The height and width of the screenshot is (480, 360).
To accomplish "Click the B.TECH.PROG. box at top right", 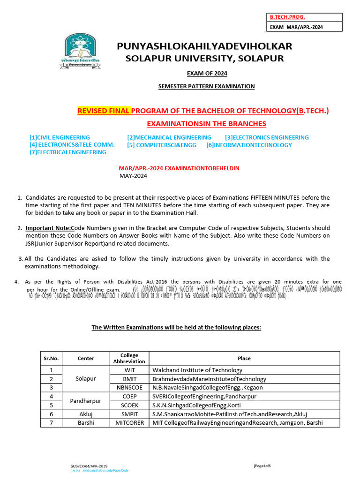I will (287, 17).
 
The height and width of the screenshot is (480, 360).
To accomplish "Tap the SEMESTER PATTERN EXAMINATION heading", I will (206, 86).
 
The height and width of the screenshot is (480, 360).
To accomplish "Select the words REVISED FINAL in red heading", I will (103, 111).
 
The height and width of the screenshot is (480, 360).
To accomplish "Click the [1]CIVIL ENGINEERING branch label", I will (60, 137).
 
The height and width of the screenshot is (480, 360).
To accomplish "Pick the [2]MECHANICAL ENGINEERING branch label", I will (169, 137).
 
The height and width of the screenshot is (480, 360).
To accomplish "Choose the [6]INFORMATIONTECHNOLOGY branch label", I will (249, 145).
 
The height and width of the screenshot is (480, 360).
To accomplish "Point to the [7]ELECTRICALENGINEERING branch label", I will (67, 152).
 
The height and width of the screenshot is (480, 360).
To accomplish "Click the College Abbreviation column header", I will (129, 358).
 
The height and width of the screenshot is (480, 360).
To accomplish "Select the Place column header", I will (244, 358).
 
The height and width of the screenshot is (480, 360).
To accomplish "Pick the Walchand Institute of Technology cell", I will (197, 370).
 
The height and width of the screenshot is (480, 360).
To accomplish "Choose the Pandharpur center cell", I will (86, 401).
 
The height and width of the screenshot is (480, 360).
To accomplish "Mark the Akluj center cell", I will (86, 414).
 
